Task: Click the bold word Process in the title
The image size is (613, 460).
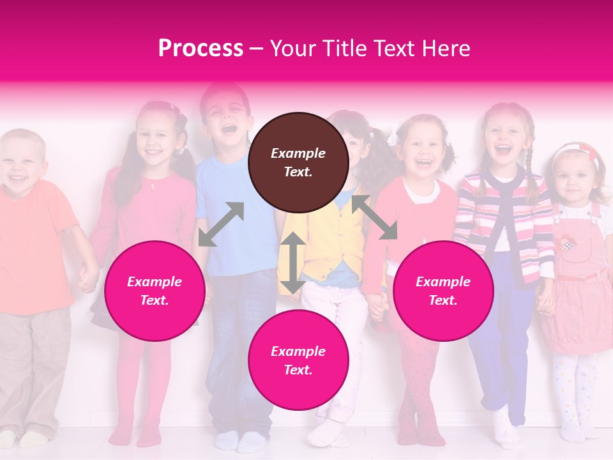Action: click(201, 48)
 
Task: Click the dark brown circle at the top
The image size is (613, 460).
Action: click(298, 162)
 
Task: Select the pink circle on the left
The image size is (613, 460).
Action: click(155, 291)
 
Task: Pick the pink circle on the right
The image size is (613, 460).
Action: click(443, 291)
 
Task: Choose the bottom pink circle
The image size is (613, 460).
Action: click(298, 360)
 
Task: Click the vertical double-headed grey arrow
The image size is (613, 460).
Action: click(293, 263)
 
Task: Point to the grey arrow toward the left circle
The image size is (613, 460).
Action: click(221, 224)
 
